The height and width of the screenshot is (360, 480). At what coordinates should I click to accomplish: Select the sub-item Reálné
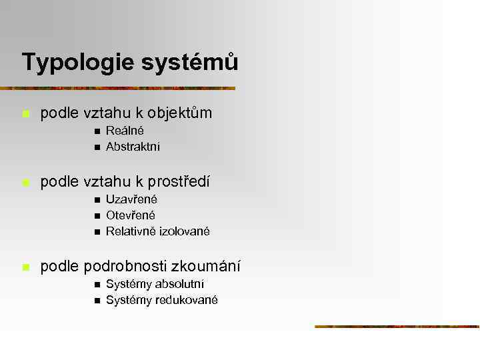125,131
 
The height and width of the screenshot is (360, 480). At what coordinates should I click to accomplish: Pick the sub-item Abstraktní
133,147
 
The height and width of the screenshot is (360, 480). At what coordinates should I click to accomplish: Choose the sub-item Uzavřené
131,199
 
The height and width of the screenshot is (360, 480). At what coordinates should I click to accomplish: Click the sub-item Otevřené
130,215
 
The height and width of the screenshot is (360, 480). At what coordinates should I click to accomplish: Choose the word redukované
186,301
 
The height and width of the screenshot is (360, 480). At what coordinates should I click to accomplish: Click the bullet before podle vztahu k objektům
25,114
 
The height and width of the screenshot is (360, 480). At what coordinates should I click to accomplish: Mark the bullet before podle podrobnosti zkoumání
25,267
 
